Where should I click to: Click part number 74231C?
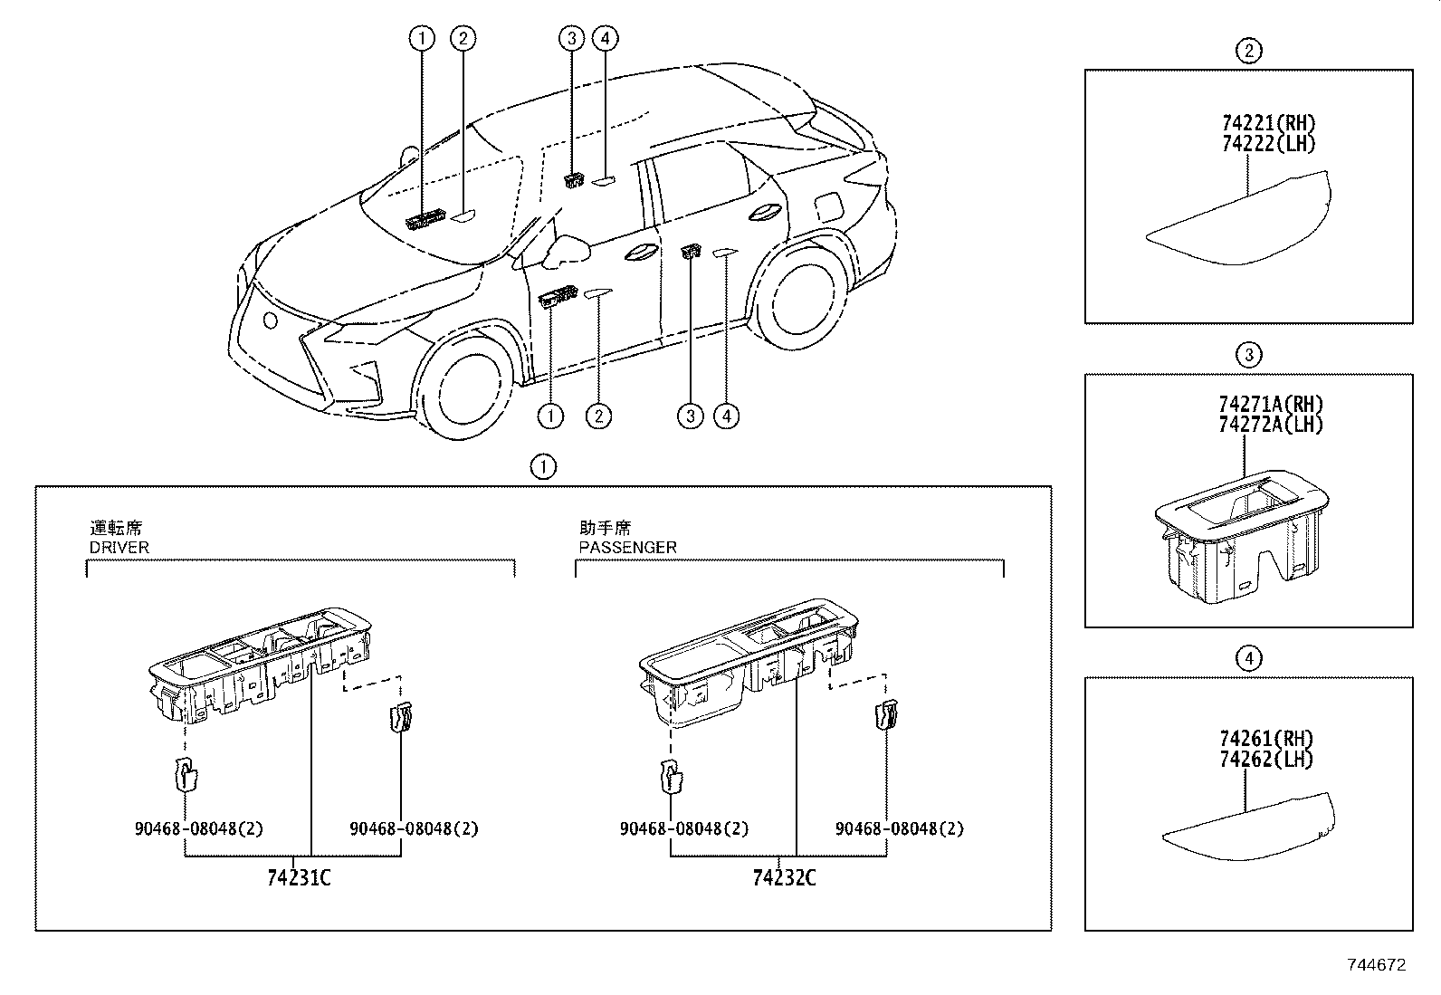click(x=299, y=878)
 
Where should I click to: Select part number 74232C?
click(x=784, y=878)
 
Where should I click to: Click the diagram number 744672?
click(x=1375, y=965)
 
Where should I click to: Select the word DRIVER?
click(x=119, y=548)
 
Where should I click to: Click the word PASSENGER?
click(x=627, y=548)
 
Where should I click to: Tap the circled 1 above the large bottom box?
click(x=543, y=467)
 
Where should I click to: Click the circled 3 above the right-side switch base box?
click(x=1248, y=355)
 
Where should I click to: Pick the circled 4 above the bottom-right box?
click(x=1248, y=658)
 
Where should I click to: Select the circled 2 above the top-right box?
click(x=1248, y=52)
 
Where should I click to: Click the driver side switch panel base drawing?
click(x=260, y=665)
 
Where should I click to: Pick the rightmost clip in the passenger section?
click(x=885, y=717)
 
